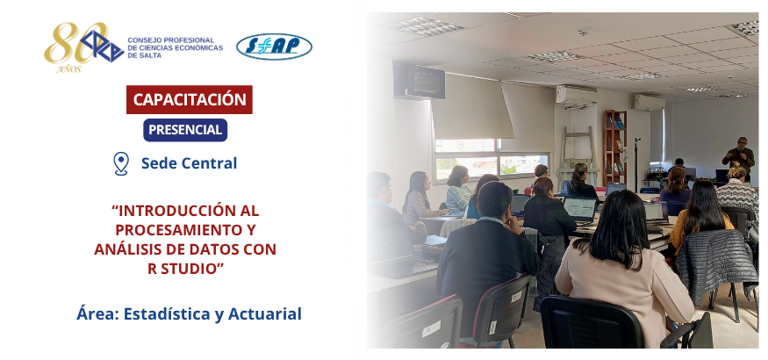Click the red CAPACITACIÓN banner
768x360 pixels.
(x=190, y=99)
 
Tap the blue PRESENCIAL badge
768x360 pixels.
(x=185, y=130)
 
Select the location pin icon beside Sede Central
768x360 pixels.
(x=121, y=163)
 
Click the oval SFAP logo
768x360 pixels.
(x=274, y=47)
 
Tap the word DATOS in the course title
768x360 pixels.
(x=214, y=249)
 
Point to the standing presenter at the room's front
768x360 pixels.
(x=739, y=158)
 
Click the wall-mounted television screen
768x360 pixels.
(x=419, y=82)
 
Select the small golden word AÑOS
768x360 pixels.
(x=68, y=69)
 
